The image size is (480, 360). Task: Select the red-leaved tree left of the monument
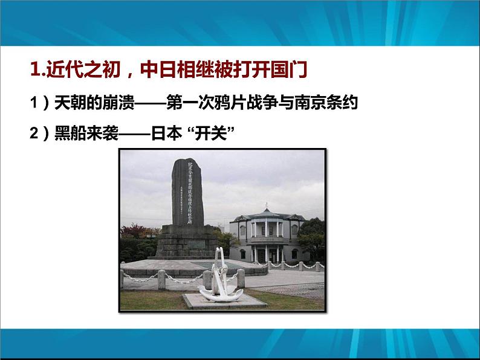pyautogui.click(x=134, y=233)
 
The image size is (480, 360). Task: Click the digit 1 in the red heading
pyautogui.click(x=34, y=69)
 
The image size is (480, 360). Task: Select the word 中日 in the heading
pyautogui.click(x=156, y=69)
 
